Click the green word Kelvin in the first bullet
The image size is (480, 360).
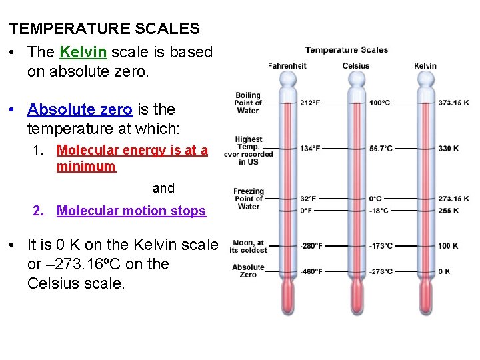(83, 52)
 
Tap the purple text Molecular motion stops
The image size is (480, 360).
(131, 211)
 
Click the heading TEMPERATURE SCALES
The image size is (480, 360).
(104, 29)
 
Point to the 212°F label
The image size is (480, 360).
(310, 103)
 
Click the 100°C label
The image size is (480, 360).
(380, 103)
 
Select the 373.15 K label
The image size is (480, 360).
(453, 103)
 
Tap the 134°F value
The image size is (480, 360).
(310, 148)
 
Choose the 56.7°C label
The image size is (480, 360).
(381, 148)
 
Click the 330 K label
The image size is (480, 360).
(449, 148)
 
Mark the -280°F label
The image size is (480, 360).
(311, 246)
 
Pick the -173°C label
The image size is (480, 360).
(381, 246)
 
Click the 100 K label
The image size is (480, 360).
(448, 246)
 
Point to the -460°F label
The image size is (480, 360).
(311, 271)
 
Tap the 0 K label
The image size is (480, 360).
(445, 271)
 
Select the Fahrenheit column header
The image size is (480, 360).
(287, 65)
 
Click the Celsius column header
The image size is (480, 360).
(356, 65)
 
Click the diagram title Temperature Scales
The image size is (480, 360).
(347, 49)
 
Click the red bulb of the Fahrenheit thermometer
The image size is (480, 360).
(287, 296)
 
